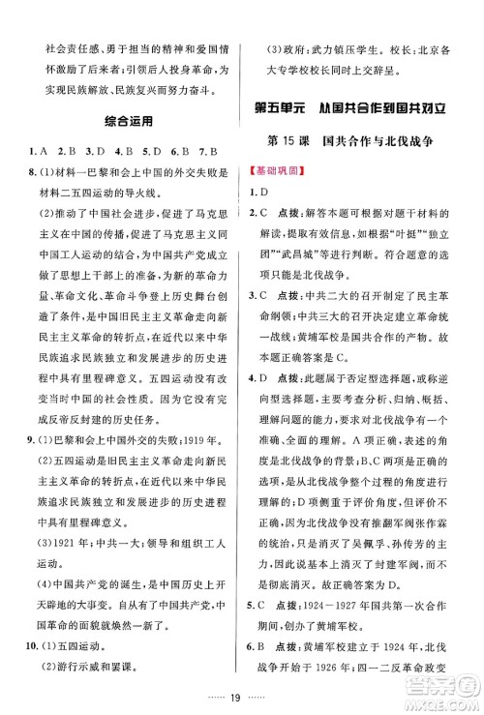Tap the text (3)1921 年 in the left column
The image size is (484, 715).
click(65, 513)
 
